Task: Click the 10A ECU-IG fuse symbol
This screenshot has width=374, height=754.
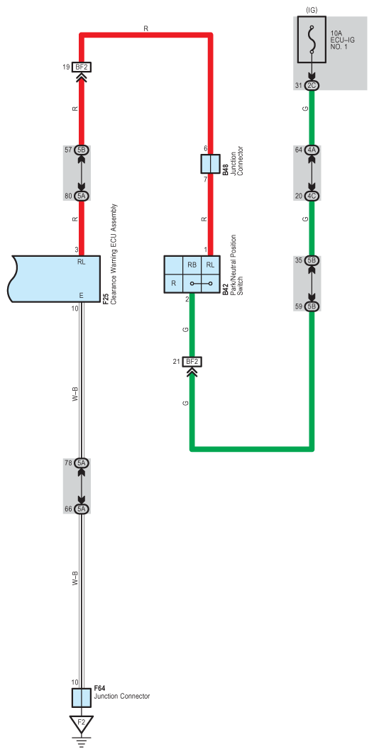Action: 312,40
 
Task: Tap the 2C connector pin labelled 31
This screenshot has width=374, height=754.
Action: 312,86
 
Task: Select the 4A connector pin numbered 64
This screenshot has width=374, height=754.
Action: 312,150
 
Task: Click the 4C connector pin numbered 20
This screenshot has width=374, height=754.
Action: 312,196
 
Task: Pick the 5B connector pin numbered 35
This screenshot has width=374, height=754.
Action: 312,260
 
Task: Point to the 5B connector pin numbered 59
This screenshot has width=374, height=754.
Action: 312,306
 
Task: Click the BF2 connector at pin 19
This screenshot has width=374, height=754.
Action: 81,67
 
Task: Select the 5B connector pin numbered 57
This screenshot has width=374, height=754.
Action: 81,150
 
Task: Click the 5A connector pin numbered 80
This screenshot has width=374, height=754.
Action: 81,196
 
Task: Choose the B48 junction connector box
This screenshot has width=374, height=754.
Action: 210,163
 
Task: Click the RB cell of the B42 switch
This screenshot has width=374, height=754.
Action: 192,265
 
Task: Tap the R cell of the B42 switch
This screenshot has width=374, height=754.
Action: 173,283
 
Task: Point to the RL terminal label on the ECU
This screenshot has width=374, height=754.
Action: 81,262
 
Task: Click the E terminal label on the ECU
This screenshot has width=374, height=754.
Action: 81,295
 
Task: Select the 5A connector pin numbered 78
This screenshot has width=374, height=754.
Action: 81,463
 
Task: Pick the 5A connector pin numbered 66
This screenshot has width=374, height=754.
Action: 81,509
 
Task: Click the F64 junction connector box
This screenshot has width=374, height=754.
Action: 82,697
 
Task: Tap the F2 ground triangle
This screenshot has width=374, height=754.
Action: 82,722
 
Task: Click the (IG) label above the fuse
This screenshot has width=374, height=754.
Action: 312,9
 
